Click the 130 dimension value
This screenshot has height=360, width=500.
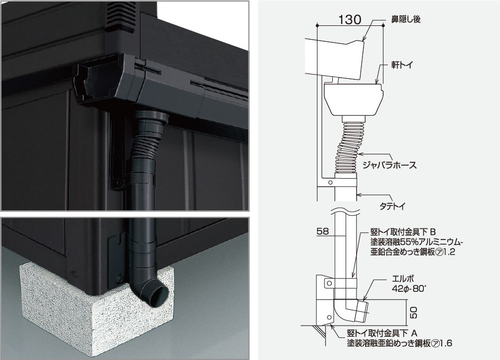pos(350,20)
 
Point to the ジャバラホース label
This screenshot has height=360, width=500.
pos(389,165)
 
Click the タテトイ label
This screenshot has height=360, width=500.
pos(393,206)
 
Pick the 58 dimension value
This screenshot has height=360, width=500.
pos(323,231)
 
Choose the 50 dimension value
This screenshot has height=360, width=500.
pos(413,312)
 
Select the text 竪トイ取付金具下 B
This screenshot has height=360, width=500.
pos(403,232)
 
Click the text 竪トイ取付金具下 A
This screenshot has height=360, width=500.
pos(382,333)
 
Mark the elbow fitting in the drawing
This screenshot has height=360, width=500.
pos(351,310)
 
